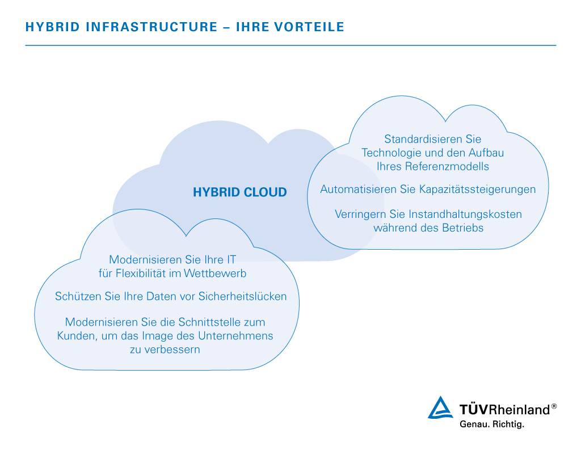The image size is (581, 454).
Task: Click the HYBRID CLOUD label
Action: [x=240, y=192]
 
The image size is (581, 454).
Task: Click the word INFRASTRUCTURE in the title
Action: [x=152, y=27]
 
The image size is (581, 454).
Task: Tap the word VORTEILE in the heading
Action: [x=309, y=27]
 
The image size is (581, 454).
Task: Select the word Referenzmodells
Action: [x=447, y=166]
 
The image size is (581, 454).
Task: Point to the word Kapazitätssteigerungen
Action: [x=477, y=190]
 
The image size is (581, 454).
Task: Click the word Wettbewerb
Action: [x=215, y=273]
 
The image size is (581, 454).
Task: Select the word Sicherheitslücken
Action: [x=242, y=296]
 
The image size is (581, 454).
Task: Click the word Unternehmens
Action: [x=235, y=336]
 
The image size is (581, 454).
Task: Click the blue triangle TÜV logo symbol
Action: [x=440, y=407]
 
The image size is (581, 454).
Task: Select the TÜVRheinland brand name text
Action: [x=504, y=410]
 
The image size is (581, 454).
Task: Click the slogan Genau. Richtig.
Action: [x=492, y=424]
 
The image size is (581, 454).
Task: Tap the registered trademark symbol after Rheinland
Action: [x=554, y=406]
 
